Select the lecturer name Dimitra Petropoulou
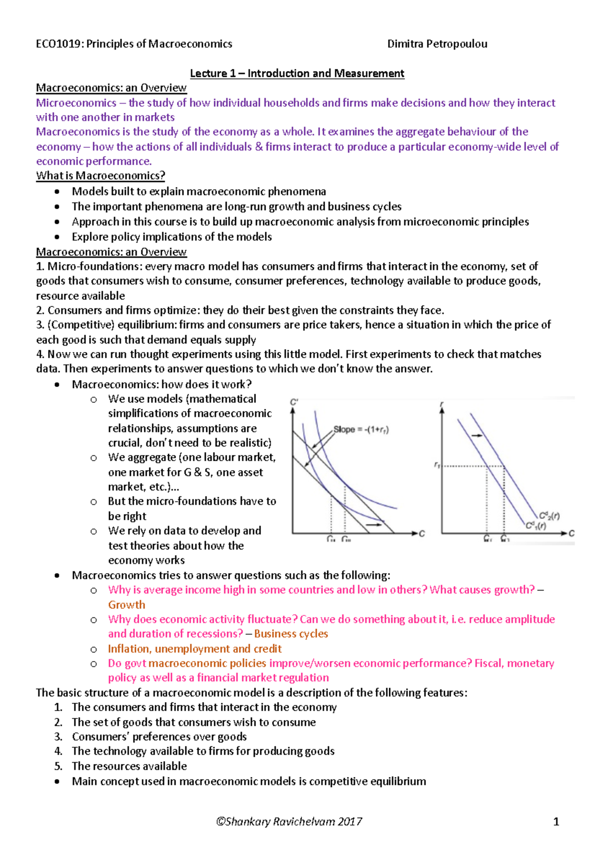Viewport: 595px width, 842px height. coord(437,44)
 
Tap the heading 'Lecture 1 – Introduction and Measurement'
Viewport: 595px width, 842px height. coord(297,73)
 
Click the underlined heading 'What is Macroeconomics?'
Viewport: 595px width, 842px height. coord(100,176)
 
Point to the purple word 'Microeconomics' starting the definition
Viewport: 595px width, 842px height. coord(76,103)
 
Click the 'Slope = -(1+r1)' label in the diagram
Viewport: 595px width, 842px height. coord(360,429)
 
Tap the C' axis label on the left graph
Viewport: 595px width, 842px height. coord(294,402)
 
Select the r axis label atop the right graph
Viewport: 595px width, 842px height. coord(441,405)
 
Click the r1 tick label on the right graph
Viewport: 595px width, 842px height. coord(437,465)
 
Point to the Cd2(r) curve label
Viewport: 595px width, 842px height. coord(549,516)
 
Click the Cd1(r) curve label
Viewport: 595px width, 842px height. coord(536,525)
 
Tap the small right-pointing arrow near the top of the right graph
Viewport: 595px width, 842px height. coord(476,435)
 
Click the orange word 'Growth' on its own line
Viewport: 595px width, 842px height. coord(126,604)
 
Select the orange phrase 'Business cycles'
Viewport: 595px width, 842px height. coord(291,634)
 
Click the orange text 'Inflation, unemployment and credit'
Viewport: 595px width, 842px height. coord(194,649)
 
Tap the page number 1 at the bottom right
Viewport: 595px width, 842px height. coord(556,822)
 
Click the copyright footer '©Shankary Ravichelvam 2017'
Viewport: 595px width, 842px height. coord(289,822)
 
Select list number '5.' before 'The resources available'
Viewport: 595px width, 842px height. coord(59,766)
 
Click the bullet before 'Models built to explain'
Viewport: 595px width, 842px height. coord(58,192)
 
